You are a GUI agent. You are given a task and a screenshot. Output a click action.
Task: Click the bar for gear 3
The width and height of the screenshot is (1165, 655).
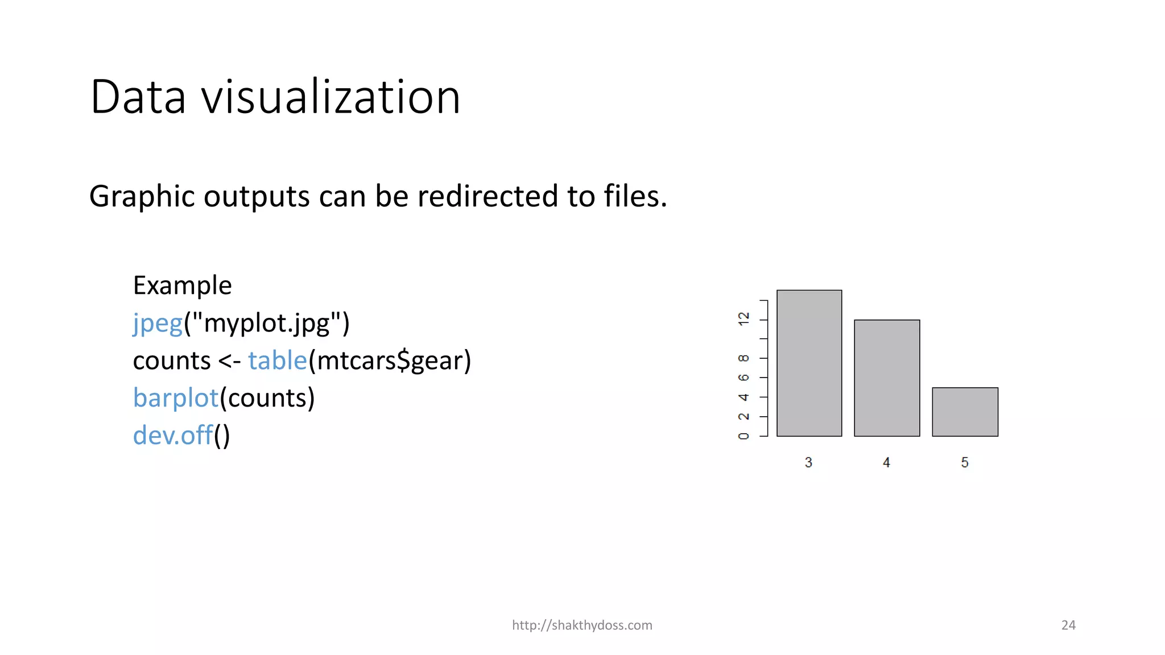pos(809,363)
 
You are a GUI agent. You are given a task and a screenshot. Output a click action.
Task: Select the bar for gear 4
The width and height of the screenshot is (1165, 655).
pos(887,378)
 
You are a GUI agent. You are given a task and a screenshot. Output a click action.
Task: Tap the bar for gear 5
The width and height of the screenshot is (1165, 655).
pos(965,412)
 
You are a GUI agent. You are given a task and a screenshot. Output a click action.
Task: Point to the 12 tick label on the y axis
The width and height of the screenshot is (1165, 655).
pos(743,319)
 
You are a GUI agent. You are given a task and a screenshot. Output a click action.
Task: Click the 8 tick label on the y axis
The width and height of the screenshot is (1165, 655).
pos(743,358)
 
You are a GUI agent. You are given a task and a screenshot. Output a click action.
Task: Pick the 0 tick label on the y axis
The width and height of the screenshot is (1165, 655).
pos(743,436)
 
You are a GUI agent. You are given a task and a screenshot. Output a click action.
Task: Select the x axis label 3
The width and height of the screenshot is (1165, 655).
pos(808,462)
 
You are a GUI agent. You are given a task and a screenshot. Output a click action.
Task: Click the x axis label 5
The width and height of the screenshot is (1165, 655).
pos(965,462)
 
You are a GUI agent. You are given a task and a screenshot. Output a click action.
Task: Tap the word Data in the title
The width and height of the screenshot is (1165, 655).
pos(138,97)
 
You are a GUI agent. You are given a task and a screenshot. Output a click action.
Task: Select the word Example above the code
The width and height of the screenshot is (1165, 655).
pos(182,285)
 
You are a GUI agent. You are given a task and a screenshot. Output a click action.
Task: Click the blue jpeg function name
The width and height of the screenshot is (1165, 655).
pos(158,324)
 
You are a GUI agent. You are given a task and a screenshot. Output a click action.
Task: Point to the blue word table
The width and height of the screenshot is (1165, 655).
pos(278,360)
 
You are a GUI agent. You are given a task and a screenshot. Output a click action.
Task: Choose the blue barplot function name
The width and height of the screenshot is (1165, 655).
pos(176,398)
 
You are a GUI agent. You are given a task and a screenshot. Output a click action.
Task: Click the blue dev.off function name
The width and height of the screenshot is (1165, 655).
pos(172,436)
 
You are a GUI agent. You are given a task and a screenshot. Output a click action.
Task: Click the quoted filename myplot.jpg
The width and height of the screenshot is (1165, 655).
pos(267,324)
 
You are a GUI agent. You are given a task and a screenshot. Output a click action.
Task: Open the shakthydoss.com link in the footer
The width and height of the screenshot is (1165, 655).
pos(582,625)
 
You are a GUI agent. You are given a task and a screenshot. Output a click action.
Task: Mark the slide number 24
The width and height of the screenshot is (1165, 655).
pos(1068,625)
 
